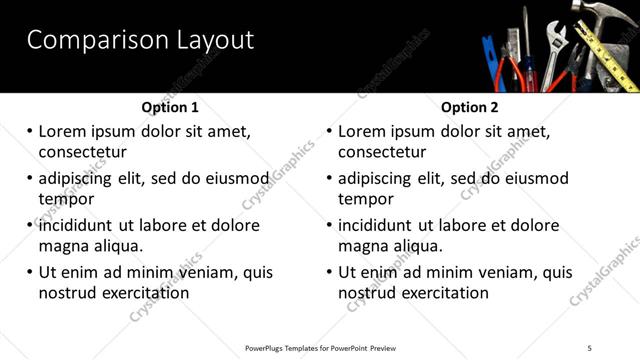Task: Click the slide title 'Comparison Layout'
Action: pyautogui.click(x=140, y=40)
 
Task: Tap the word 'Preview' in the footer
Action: pyautogui.click(x=386, y=347)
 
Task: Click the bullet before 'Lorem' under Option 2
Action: pyautogui.click(x=329, y=131)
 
